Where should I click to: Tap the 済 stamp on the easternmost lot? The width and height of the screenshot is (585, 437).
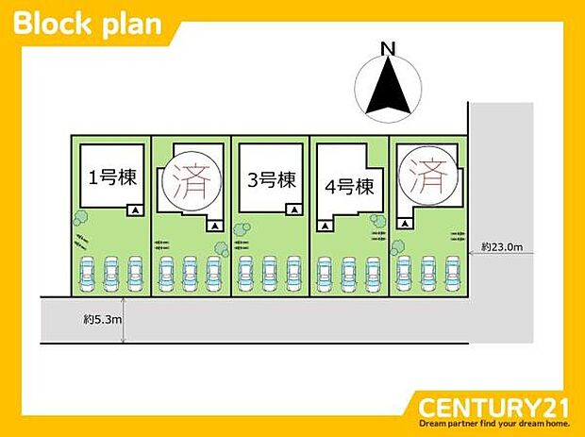click(x=428, y=173)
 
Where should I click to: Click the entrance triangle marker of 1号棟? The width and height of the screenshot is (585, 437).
click(x=134, y=210)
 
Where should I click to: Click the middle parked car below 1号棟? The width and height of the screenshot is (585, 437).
click(x=109, y=274)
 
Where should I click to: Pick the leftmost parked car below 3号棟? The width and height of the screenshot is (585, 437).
click(x=248, y=274)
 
